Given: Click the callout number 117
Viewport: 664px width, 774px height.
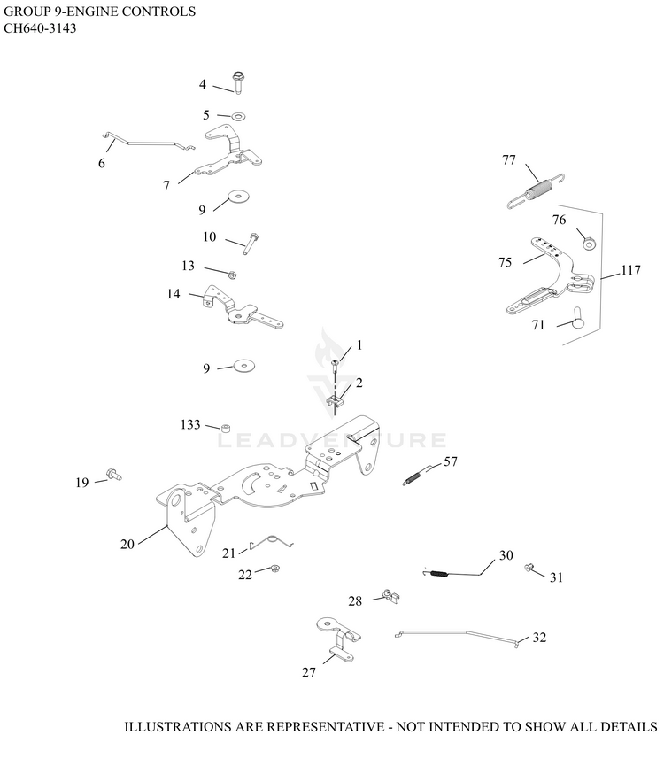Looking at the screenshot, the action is (630, 270).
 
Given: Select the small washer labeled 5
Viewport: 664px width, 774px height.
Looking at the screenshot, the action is (239, 117).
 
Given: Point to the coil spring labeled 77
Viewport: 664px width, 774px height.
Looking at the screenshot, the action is (537, 190).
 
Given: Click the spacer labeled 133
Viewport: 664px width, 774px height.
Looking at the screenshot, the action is (226, 427).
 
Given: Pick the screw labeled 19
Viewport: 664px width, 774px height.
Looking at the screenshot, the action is (114, 475).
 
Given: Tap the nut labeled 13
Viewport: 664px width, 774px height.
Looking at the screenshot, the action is (232, 274).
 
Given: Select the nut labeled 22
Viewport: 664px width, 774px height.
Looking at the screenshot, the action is (275, 569).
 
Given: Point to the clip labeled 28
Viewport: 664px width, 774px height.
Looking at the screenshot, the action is (391, 596).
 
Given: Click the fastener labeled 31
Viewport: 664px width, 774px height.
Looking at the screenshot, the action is (528, 567).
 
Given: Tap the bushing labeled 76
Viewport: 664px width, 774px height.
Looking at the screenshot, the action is (588, 243).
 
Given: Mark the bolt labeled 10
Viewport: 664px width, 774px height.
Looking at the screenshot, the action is (251, 244).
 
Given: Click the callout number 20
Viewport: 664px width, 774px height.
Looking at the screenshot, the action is (127, 544).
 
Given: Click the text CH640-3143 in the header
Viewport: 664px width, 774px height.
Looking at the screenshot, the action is (40, 28).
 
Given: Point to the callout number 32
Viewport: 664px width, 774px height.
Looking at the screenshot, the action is (539, 638).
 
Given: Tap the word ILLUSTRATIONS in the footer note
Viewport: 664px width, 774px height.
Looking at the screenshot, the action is (179, 726).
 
